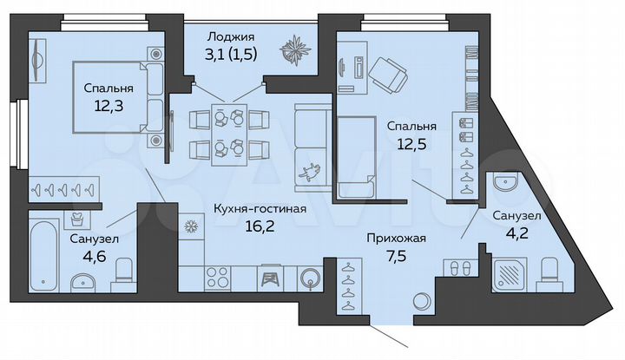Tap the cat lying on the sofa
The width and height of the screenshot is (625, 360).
tap(307, 172)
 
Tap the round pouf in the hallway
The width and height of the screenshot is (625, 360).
tap(422, 302)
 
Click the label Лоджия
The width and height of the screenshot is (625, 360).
tap(230, 36)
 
